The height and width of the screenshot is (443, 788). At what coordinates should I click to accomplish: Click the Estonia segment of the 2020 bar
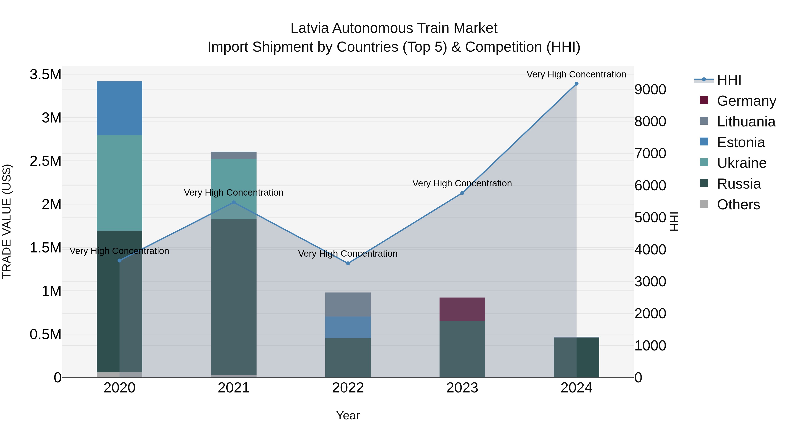[119, 108]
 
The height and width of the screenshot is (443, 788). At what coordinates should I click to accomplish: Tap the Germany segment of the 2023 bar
[462, 309]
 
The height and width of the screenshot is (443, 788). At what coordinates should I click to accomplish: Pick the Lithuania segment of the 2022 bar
[348, 305]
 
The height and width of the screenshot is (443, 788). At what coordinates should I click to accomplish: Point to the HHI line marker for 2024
[576, 84]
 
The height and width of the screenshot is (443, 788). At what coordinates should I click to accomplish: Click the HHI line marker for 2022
[348, 263]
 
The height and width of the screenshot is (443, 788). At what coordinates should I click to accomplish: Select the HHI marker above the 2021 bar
[234, 202]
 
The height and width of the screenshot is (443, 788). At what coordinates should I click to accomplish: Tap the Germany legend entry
[746, 101]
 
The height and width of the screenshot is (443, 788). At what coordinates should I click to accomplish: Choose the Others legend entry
[738, 205]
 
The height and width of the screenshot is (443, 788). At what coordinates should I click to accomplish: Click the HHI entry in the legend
[729, 80]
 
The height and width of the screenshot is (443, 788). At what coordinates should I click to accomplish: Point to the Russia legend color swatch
[704, 183]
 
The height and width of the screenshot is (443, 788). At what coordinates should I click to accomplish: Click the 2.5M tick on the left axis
[46, 161]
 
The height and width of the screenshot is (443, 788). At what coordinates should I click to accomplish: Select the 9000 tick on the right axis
[650, 89]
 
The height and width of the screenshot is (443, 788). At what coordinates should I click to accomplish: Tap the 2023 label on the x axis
[462, 388]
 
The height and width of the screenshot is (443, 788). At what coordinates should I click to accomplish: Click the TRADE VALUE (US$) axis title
[7, 221]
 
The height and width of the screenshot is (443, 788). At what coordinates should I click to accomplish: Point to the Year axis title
[348, 415]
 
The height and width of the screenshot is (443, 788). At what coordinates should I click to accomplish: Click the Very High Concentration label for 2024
[576, 74]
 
